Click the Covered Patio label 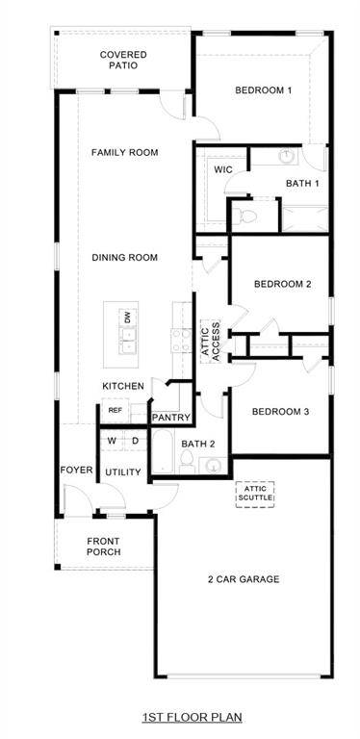pyautogui.click(x=123, y=61)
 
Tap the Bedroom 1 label pyautogui.click(x=263, y=90)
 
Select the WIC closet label pyautogui.click(x=223, y=169)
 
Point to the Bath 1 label pyautogui.click(x=302, y=183)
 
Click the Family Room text pyautogui.click(x=124, y=152)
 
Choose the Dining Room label pyautogui.click(x=124, y=257)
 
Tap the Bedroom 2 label pyautogui.click(x=282, y=284)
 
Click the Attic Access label pyautogui.click(x=210, y=340)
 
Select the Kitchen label pyautogui.click(x=123, y=386)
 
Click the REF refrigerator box pyautogui.click(x=115, y=410)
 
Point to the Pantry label pyautogui.click(x=172, y=418)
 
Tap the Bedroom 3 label pyautogui.click(x=280, y=412)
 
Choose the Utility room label pyautogui.click(x=123, y=472)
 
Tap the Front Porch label pyautogui.click(x=103, y=547)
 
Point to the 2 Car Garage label pyautogui.click(x=243, y=578)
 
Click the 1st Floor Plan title pyautogui.click(x=192, y=717)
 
